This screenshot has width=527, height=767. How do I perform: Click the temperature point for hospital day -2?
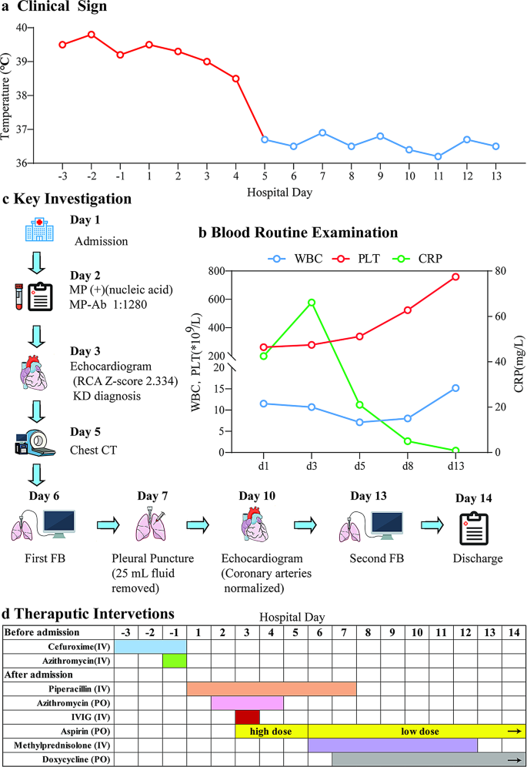(x=92, y=35)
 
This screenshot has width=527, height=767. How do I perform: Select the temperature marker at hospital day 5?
(x=264, y=139)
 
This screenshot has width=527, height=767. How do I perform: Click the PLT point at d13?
(x=455, y=276)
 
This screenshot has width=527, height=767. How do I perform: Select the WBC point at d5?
(x=359, y=422)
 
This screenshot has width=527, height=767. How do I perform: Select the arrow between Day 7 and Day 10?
(x=198, y=526)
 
